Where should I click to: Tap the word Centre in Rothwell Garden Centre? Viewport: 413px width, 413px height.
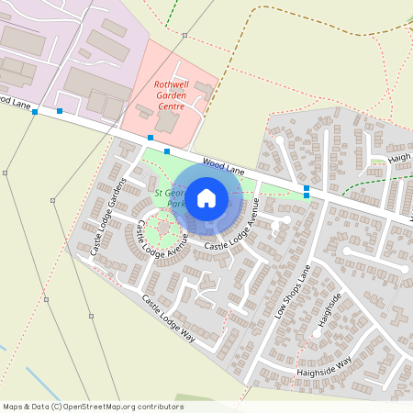(x=171, y=106)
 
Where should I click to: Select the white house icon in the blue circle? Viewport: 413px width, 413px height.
(x=206, y=197)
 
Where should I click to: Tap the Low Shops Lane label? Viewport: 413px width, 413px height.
(x=294, y=291)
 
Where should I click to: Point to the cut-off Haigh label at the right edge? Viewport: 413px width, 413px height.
(x=400, y=157)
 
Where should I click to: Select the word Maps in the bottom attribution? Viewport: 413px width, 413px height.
(x=13, y=406)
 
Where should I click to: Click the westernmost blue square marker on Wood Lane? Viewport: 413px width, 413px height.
(x=35, y=112)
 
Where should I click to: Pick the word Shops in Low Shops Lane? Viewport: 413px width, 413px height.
(x=294, y=291)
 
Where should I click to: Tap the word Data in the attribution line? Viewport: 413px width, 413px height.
(x=41, y=406)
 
